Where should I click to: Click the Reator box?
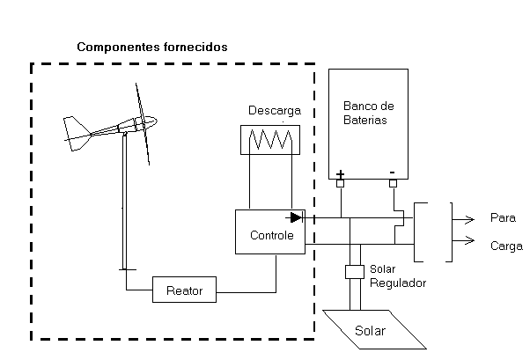click(184, 290)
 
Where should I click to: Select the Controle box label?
click(272, 235)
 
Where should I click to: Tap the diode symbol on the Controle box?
click(296, 217)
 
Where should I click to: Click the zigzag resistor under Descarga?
click(270, 139)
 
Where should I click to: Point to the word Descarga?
click(275, 111)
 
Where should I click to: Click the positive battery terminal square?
click(341, 184)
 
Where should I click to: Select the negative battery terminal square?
click(393, 184)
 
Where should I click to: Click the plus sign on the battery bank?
click(341, 174)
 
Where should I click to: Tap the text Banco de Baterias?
click(368, 113)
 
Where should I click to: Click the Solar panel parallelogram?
click(374, 329)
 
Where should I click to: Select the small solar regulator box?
click(355, 272)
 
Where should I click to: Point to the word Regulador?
click(398, 283)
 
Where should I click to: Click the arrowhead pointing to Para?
click(469, 219)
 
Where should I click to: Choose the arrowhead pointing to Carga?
click(469, 240)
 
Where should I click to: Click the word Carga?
click(506, 246)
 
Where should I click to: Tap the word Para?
click(503, 217)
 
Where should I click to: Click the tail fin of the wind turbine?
click(77, 134)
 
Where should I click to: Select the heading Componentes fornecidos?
click(152, 47)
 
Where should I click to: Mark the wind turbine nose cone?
click(151, 121)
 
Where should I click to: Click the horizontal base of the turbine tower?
click(128, 269)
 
